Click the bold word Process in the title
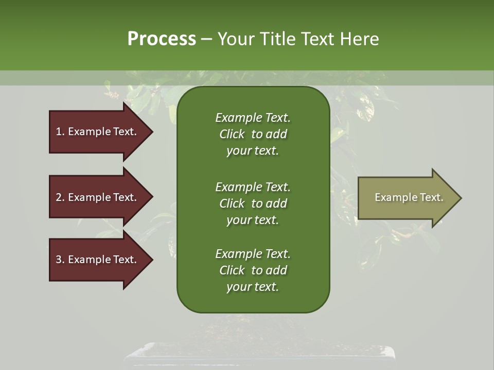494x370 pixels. point(162,39)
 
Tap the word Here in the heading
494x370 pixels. point(359,39)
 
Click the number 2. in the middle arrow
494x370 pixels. point(60,197)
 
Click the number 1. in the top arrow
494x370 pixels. point(60,132)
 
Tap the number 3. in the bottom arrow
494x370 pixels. point(60,260)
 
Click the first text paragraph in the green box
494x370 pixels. point(253,134)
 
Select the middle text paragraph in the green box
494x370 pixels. point(253,203)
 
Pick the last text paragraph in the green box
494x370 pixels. point(253,270)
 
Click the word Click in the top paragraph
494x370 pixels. point(232,134)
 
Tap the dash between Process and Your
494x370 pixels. point(206,40)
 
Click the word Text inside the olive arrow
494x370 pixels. point(431,197)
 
